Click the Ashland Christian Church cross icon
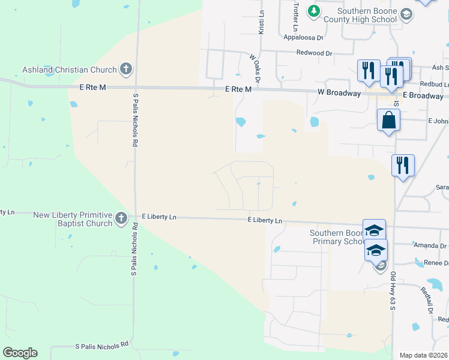[126, 69]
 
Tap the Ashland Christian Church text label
[69, 70]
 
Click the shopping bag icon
[389, 120]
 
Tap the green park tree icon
[313, 11]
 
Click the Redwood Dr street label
[314, 53]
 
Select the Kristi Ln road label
[261, 24]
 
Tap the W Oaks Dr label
[256, 67]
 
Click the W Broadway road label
[339, 94]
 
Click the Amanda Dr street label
[430, 245]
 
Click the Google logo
[20, 353]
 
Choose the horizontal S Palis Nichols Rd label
[101, 346]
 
